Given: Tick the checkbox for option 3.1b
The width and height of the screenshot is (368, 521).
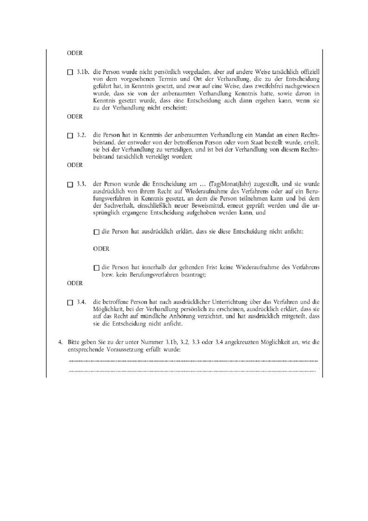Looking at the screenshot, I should click(x=70, y=73).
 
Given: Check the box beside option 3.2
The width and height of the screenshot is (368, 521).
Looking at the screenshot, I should click(x=70, y=135).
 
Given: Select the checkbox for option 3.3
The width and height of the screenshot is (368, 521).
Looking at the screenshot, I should click(x=70, y=185).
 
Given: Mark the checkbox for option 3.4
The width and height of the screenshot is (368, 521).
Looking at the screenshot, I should click(x=70, y=302).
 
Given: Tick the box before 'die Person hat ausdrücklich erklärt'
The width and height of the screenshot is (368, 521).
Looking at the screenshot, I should click(x=96, y=232).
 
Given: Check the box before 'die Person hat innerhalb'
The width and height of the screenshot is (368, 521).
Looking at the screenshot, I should click(x=96, y=267).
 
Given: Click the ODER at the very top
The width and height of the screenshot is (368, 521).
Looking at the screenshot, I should click(x=75, y=53).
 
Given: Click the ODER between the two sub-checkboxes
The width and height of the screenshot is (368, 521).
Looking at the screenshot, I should click(x=101, y=249).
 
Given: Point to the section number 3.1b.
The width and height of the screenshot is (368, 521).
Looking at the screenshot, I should click(x=83, y=72).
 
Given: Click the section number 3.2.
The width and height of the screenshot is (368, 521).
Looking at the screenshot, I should click(x=82, y=135).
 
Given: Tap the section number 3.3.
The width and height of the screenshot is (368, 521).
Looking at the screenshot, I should click(x=82, y=184).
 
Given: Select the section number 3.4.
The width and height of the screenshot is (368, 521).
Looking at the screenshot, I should click(x=82, y=302).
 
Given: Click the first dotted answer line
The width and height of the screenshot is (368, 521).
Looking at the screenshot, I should click(x=193, y=360).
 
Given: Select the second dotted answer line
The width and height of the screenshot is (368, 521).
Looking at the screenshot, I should click(x=192, y=371).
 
